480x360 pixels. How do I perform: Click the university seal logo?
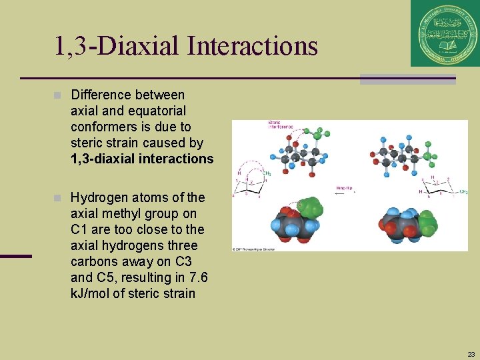pos(445,33)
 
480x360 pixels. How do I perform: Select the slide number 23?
pos(471,354)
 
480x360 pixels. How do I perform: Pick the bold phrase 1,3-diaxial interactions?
pos(142,159)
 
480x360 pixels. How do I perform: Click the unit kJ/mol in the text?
pos(91,293)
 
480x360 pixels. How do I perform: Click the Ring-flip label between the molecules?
pos(345,189)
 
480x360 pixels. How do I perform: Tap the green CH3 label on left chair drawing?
pos(266,174)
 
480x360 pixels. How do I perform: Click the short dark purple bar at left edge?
pos(15,256)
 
